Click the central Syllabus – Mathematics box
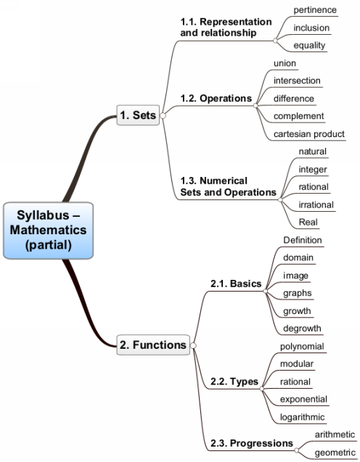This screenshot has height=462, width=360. (49, 231)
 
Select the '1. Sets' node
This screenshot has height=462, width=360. (138, 115)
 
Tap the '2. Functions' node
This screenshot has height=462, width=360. (153, 345)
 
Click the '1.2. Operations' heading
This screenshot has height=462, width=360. (216, 99)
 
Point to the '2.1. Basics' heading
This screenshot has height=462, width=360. (236, 284)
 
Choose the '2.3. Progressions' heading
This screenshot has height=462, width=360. (252, 443)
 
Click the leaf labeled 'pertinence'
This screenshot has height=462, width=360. (315, 10)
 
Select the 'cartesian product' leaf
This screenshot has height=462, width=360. (309, 134)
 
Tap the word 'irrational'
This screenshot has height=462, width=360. (316, 205)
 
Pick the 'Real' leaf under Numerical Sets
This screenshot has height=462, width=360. (308, 222)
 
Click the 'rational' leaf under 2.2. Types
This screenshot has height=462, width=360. (295, 381)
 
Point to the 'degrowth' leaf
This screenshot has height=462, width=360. (302, 329)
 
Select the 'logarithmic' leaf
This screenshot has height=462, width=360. (302, 417)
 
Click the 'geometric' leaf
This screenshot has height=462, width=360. (335, 453)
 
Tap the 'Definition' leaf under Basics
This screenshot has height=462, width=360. (303, 240)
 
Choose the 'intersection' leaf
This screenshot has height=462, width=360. (297, 81)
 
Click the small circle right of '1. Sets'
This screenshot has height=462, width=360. (163, 115)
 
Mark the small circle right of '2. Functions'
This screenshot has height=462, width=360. (193, 345)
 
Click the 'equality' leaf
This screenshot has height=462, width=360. (309, 46)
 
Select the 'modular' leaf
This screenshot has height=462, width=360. (297, 364)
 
